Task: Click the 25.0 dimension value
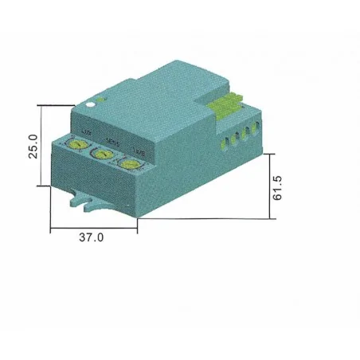pyautogui.click(x=33, y=145)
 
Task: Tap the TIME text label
pyautogui.click(x=139, y=150)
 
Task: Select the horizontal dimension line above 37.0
pyautogui.click(x=93, y=229)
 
